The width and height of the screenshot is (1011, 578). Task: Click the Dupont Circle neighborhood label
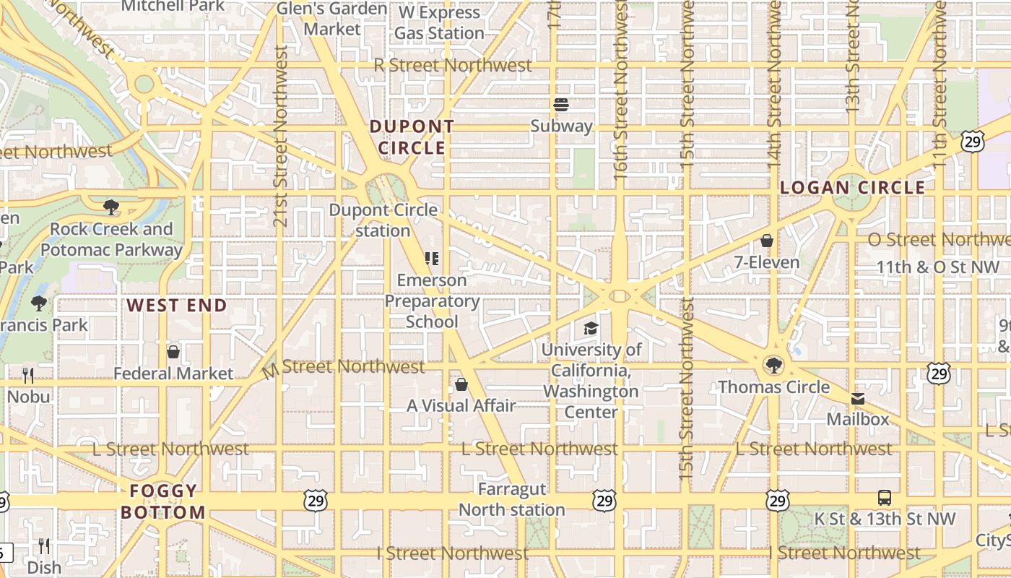tap(412, 137)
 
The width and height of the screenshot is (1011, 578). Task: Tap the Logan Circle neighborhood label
tap(852, 188)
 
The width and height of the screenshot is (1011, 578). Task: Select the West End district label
tap(177, 305)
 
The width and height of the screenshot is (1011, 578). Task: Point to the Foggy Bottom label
tap(163, 502)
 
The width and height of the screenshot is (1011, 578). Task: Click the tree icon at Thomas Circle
tap(773, 365)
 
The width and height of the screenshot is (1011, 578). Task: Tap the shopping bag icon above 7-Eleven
tap(767, 241)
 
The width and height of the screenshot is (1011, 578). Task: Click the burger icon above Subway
tap(561, 105)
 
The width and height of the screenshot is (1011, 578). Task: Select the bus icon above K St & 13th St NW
tap(885, 497)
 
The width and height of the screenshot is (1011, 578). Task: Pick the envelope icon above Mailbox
tap(858, 399)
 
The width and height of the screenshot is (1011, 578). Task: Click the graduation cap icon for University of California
tap(591, 329)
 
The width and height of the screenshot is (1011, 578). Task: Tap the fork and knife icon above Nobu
tap(28, 375)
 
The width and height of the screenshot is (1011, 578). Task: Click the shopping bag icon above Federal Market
tap(173, 352)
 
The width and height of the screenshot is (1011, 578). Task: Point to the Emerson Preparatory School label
tap(432, 301)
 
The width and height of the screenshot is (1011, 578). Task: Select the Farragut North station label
tap(511, 500)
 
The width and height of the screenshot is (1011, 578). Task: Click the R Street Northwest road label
tap(453, 65)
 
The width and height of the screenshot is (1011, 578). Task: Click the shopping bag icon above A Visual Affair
tap(461, 384)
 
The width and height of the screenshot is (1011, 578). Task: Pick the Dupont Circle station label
tap(383, 220)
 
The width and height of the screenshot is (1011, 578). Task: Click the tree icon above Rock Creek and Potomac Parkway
tap(111, 208)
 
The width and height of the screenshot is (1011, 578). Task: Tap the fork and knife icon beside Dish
tap(44, 545)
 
